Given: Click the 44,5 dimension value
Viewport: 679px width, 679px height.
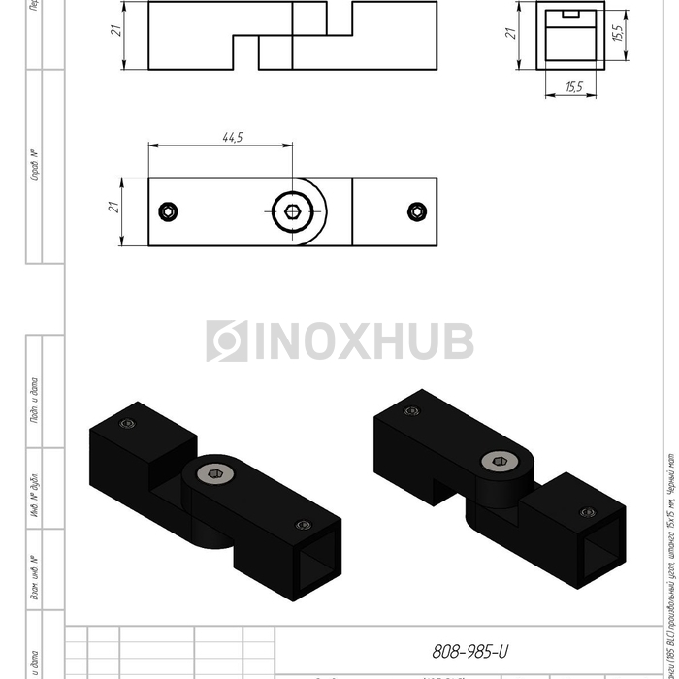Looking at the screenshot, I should pos(232,138).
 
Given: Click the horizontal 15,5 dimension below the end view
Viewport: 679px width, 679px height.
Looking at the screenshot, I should pos(572,87).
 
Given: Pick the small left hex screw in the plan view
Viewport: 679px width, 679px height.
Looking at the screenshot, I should pos(170,211).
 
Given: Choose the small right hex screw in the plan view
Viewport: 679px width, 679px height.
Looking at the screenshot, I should pos(416,211).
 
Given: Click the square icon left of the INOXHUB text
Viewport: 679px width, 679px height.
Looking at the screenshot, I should pos(226,341).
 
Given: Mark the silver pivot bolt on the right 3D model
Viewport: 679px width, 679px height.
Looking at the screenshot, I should pos(498,464).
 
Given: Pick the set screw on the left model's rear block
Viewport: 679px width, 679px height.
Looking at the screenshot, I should pos(126,424).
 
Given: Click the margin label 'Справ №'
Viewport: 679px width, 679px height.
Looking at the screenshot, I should pos(34,166).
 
